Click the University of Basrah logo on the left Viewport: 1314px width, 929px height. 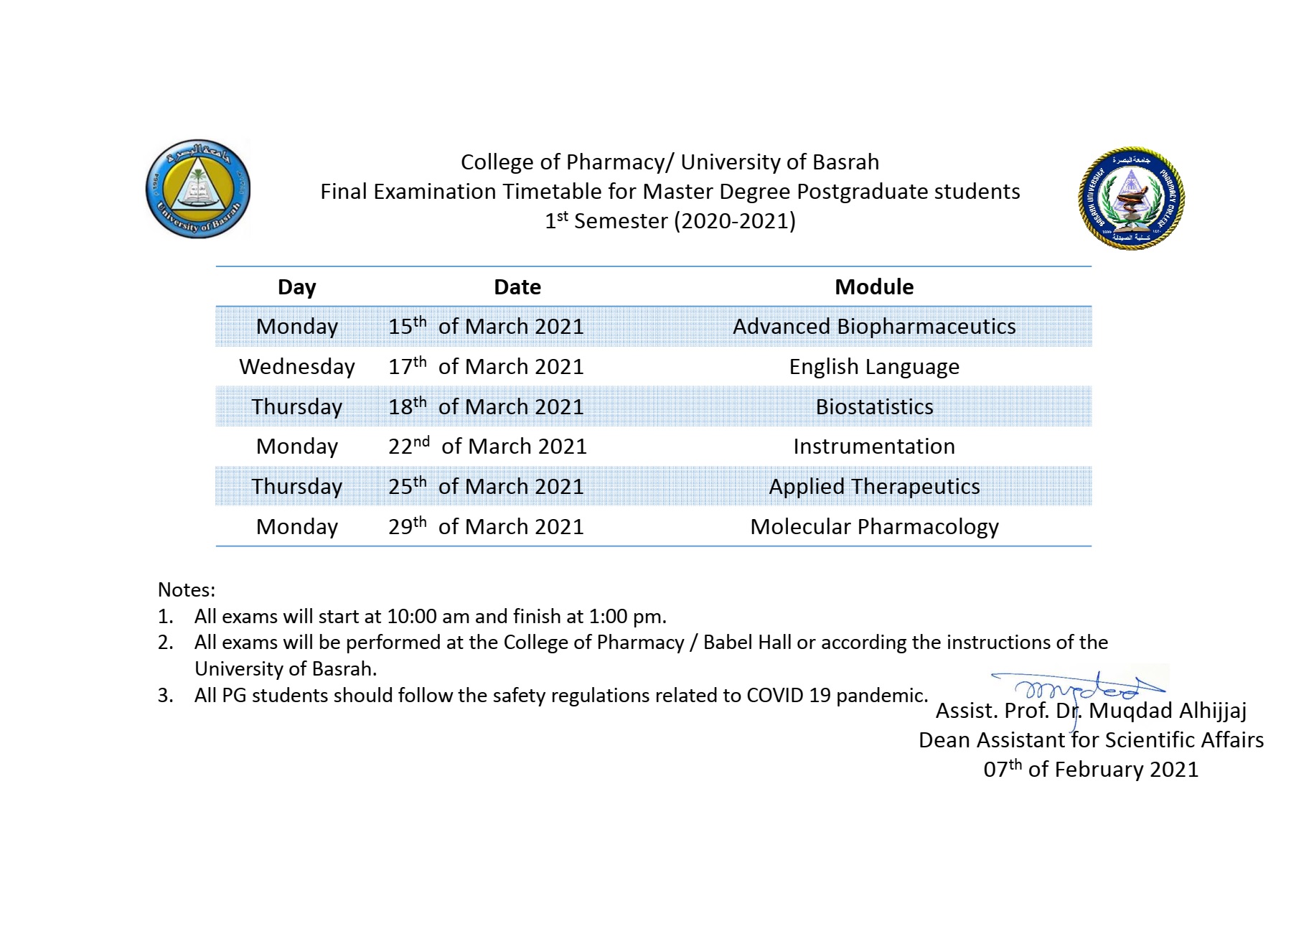pyautogui.click(x=198, y=189)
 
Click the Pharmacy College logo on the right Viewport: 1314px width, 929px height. pyautogui.click(x=1131, y=199)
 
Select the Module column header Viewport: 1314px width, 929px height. pyautogui.click(x=873, y=287)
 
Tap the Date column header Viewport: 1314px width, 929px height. pyautogui.click(x=517, y=287)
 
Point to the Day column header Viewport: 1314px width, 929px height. pyautogui.click(x=296, y=287)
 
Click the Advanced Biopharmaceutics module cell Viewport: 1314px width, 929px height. pyautogui.click(x=873, y=327)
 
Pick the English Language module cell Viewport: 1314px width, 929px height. pyautogui.click(x=873, y=367)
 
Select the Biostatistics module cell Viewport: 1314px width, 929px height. pyautogui.click(x=873, y=407)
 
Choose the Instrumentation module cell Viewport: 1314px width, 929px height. pyautogui.click(x=873, y=447)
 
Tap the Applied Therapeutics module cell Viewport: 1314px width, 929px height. pyautogui.click(x=873, y=487)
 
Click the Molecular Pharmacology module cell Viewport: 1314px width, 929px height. pyautogui.click(x=873, y=527)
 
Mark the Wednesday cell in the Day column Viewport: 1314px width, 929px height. pyautogui.click(x=296, y=367)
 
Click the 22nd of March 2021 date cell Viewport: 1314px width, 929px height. pyautogui.click(x=487, y=447)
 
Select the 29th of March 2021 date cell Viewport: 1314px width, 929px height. pyautogui.click(x=486, y=527)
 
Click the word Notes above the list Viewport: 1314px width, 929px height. pyautogui.click(x=186, y=590)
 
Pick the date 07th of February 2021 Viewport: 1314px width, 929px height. pyautogui.click(x=1090, y=770)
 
